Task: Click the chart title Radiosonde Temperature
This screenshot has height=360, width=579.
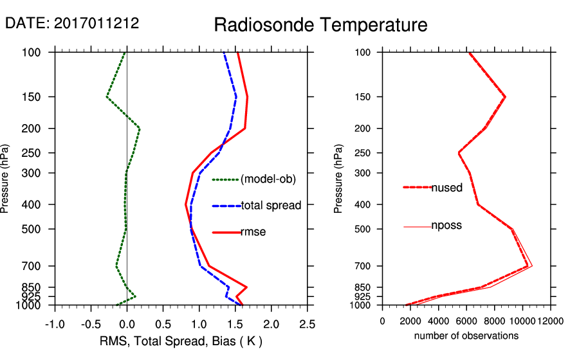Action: (320, 25)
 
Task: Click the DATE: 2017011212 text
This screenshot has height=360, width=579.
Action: (72, 24)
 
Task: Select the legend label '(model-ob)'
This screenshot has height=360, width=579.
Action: (268, 179)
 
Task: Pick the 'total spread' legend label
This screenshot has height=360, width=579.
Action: (271, 206)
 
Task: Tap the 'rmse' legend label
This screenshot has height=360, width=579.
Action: (253, 231)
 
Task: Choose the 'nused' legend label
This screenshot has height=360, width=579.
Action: (446, 188)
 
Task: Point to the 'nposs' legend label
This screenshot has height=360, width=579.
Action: (446, 226)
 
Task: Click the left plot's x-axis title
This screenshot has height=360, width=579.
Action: (181, 340)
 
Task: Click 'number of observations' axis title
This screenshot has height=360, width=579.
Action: (466, 336)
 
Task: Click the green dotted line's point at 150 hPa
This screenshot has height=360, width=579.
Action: (107, 96)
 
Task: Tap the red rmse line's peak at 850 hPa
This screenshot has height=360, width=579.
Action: (246, 287)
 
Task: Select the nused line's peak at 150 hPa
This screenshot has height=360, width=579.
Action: (505, 96)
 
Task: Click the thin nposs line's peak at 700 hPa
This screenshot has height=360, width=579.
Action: (532, 265)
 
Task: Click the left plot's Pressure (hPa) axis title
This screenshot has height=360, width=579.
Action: (6, 179)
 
